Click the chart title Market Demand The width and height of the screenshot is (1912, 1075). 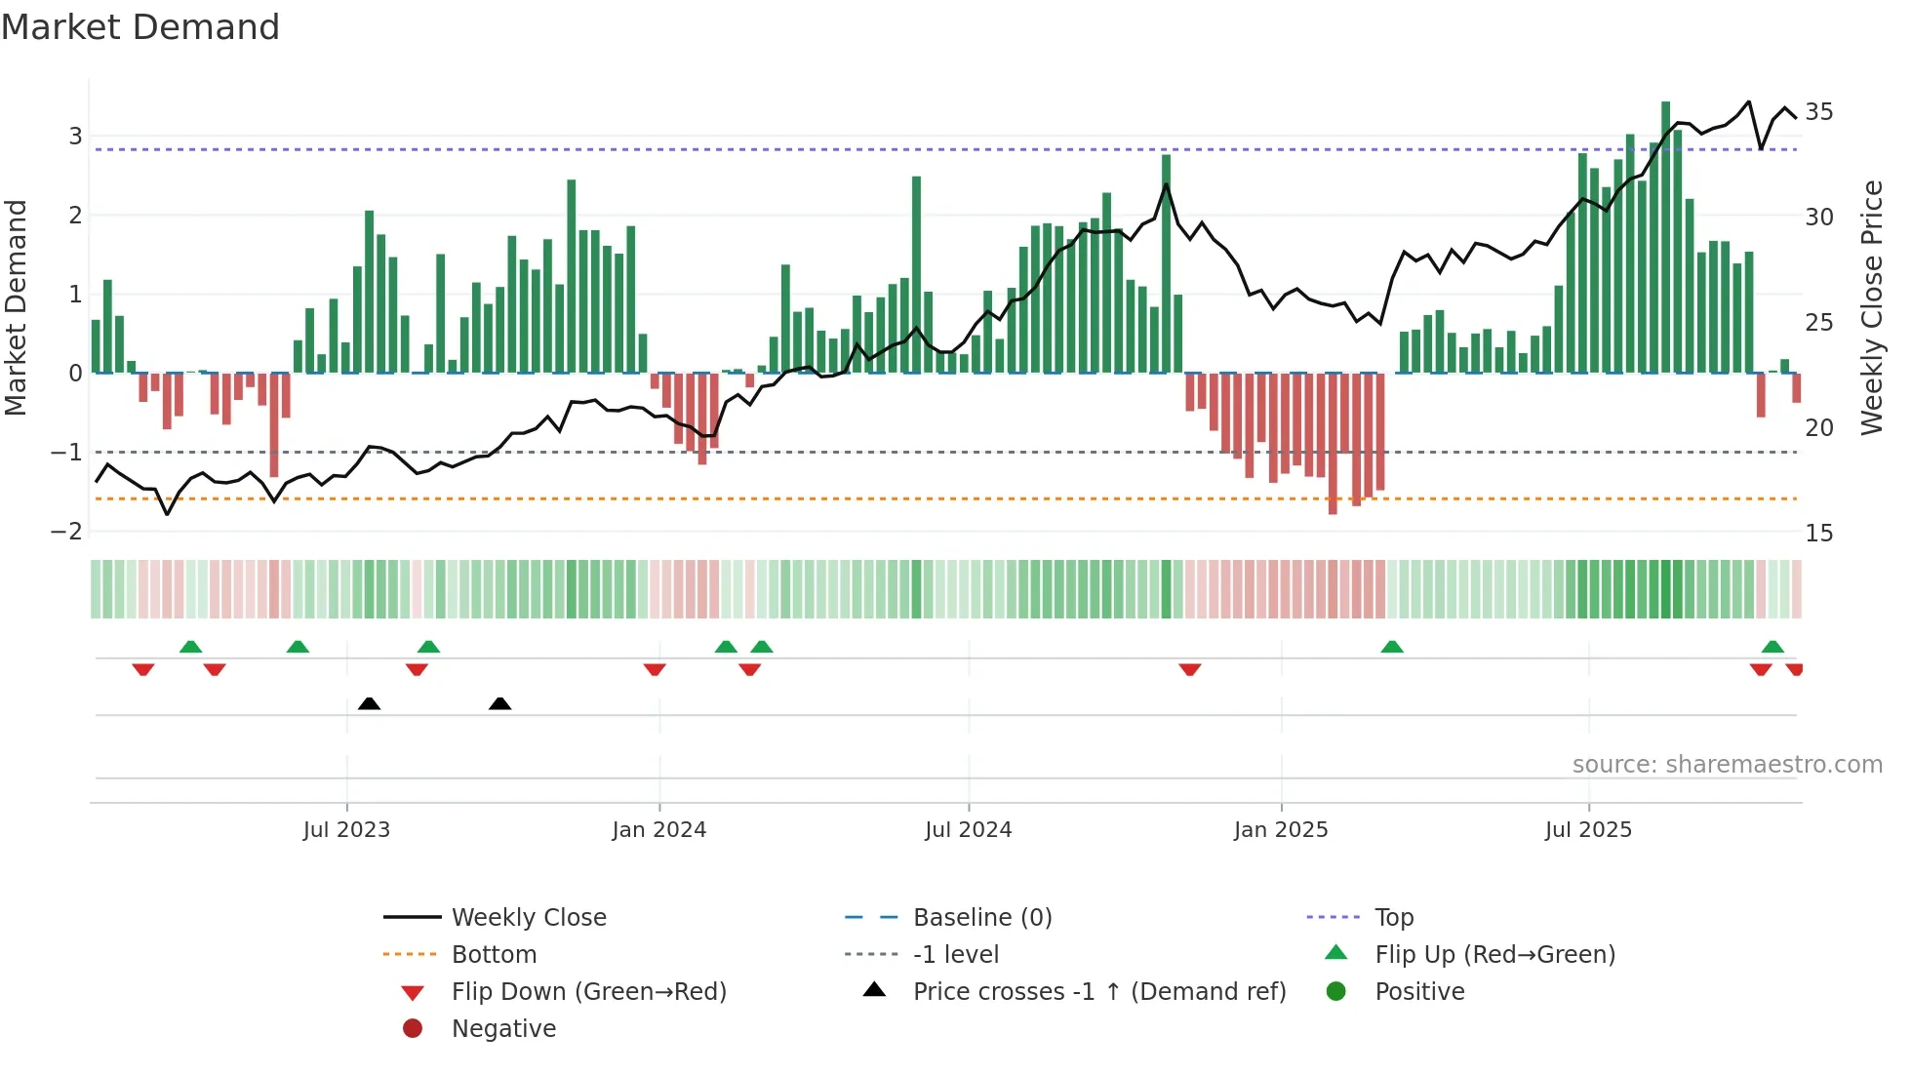[140, 27]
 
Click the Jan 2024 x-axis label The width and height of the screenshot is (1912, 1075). [658, 830]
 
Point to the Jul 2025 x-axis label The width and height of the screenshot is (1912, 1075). [1587, 830]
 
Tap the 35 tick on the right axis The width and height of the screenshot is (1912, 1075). [1818, 112]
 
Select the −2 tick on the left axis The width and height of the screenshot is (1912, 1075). [66, 532]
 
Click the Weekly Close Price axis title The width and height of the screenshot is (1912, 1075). [1871, 307]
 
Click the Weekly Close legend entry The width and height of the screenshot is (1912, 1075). [528, 918]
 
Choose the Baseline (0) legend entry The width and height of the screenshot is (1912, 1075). [981, 918]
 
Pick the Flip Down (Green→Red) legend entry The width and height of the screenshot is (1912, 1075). [588, 992]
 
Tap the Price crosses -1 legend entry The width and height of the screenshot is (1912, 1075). [1098, 992]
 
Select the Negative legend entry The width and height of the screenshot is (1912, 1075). [503, 1029]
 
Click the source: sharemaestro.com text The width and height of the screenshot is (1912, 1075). [1727, 765]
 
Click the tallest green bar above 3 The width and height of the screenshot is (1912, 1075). [1665, 234]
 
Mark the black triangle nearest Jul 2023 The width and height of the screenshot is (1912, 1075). [369, 703]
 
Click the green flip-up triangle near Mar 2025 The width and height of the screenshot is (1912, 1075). [1392, 647]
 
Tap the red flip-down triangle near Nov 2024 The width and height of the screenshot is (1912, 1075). [1189, 669]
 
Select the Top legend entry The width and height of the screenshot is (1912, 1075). [1393, 918]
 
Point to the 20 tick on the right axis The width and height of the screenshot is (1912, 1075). [1818, 428]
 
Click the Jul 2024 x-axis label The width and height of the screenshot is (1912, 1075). [968, 830]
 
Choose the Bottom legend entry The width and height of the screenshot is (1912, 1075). [494, 955]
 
